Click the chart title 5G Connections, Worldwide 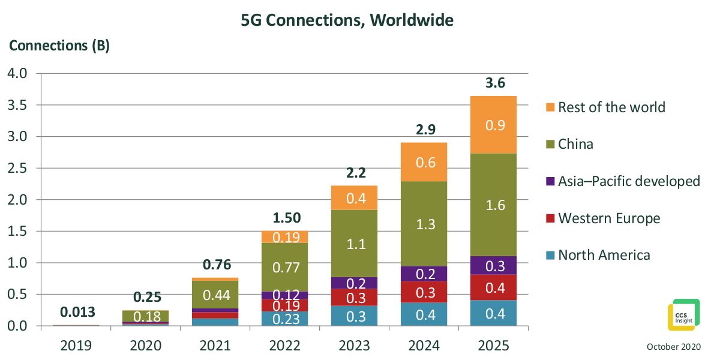tap(347, 20)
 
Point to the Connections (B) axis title tap(59, 46)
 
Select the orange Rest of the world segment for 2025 tap(493, 125)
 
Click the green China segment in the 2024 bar tap(424, 224)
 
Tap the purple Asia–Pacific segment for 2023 tap(354, 283)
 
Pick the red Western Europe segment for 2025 tap(493, 287)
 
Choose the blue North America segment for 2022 tap(285, 319)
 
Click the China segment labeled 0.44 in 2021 tap(215, 295)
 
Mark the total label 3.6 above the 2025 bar tap(496, 83)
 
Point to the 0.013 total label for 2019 tap(78, 312)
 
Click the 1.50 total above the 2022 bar tap(287, 218)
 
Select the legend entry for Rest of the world tap(605, 107)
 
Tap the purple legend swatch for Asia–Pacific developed tap(550, 181)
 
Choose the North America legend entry tap(598, 255)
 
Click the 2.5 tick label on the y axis tap(17, 168)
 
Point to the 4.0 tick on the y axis tap(17, 73)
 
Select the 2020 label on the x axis tap(146, 346)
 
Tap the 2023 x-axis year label tap(354, 346)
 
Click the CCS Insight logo tap(683, 315)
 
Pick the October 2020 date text tap(674, 347)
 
